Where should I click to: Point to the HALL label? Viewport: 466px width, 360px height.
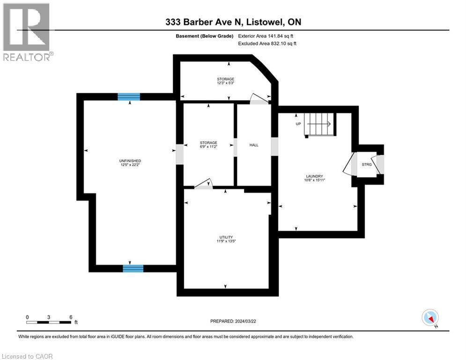tap(254, 145)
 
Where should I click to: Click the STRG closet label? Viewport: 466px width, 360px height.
tap(367, 165)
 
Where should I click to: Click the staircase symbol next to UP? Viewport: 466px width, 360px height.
tap(318, 125)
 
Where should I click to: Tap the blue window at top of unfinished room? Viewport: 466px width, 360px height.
tap(129, 97)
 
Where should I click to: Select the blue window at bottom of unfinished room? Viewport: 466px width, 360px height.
tap(133, 268)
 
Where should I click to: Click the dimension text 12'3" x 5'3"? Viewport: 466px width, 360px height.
tap(225, 83)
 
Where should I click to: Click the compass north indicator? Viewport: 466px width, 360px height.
tap(429, 317)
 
